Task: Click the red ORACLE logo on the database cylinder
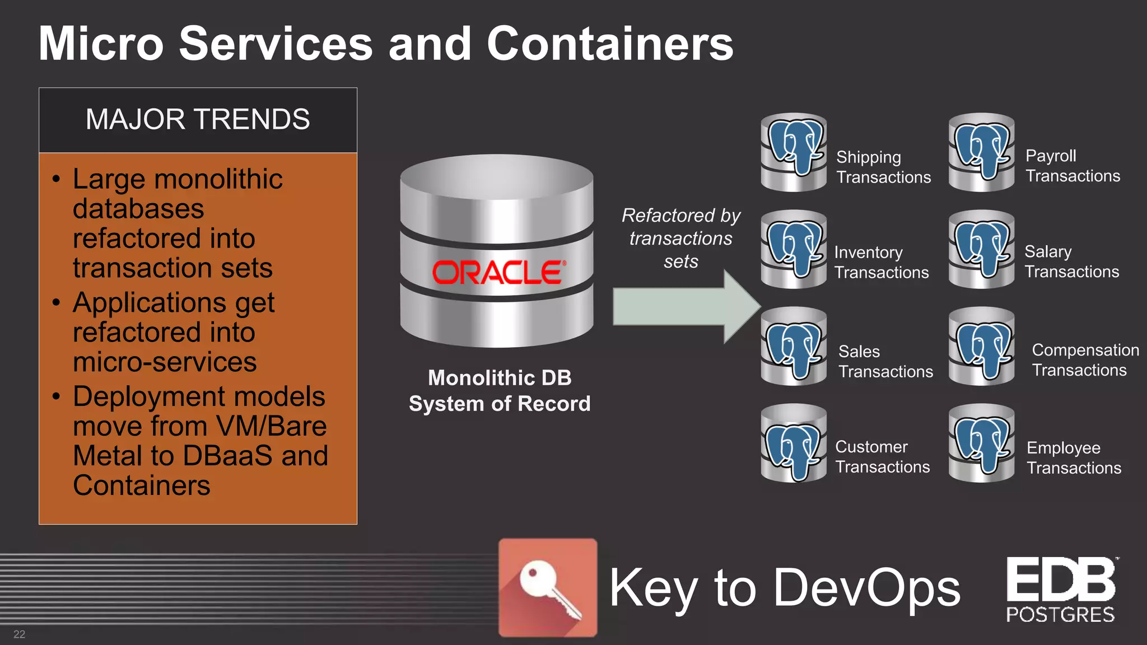[498, 272]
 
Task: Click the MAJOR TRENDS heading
[198, 119]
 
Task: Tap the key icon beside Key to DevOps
[548, 587]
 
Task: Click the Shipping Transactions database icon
[794, 152]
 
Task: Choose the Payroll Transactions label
[1072, 166]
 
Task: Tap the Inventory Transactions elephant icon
[794, 249]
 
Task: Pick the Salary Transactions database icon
[981, 249]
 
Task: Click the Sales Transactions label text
[885, 361]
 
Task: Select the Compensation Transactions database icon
[981, 346]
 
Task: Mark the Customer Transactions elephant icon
[794, 443]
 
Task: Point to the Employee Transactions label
[1073, 457]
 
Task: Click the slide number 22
[20, 634]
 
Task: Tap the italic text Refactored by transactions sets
[680, 239]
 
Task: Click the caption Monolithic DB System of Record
[499, 391]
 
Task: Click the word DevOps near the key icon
[866, 587]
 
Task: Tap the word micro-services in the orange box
[165, 362]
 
